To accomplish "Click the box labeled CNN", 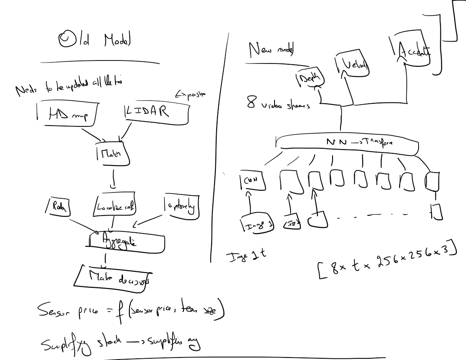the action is [x=251, y=180].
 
